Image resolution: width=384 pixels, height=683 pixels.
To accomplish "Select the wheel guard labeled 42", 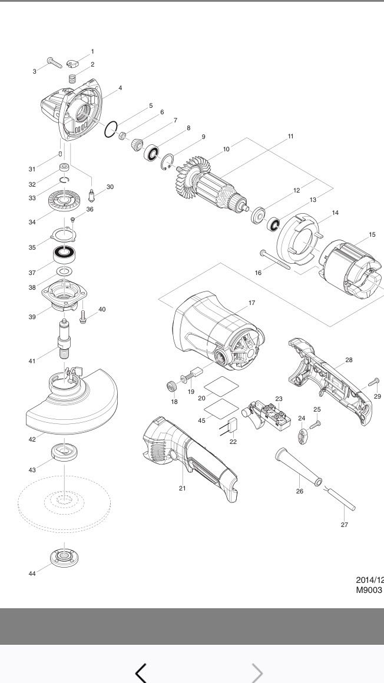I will [x=71, y=406].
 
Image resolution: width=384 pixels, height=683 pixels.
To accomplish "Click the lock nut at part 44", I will [x=65, y=556].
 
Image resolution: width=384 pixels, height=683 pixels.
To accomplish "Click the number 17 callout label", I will [x=251, y=303].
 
